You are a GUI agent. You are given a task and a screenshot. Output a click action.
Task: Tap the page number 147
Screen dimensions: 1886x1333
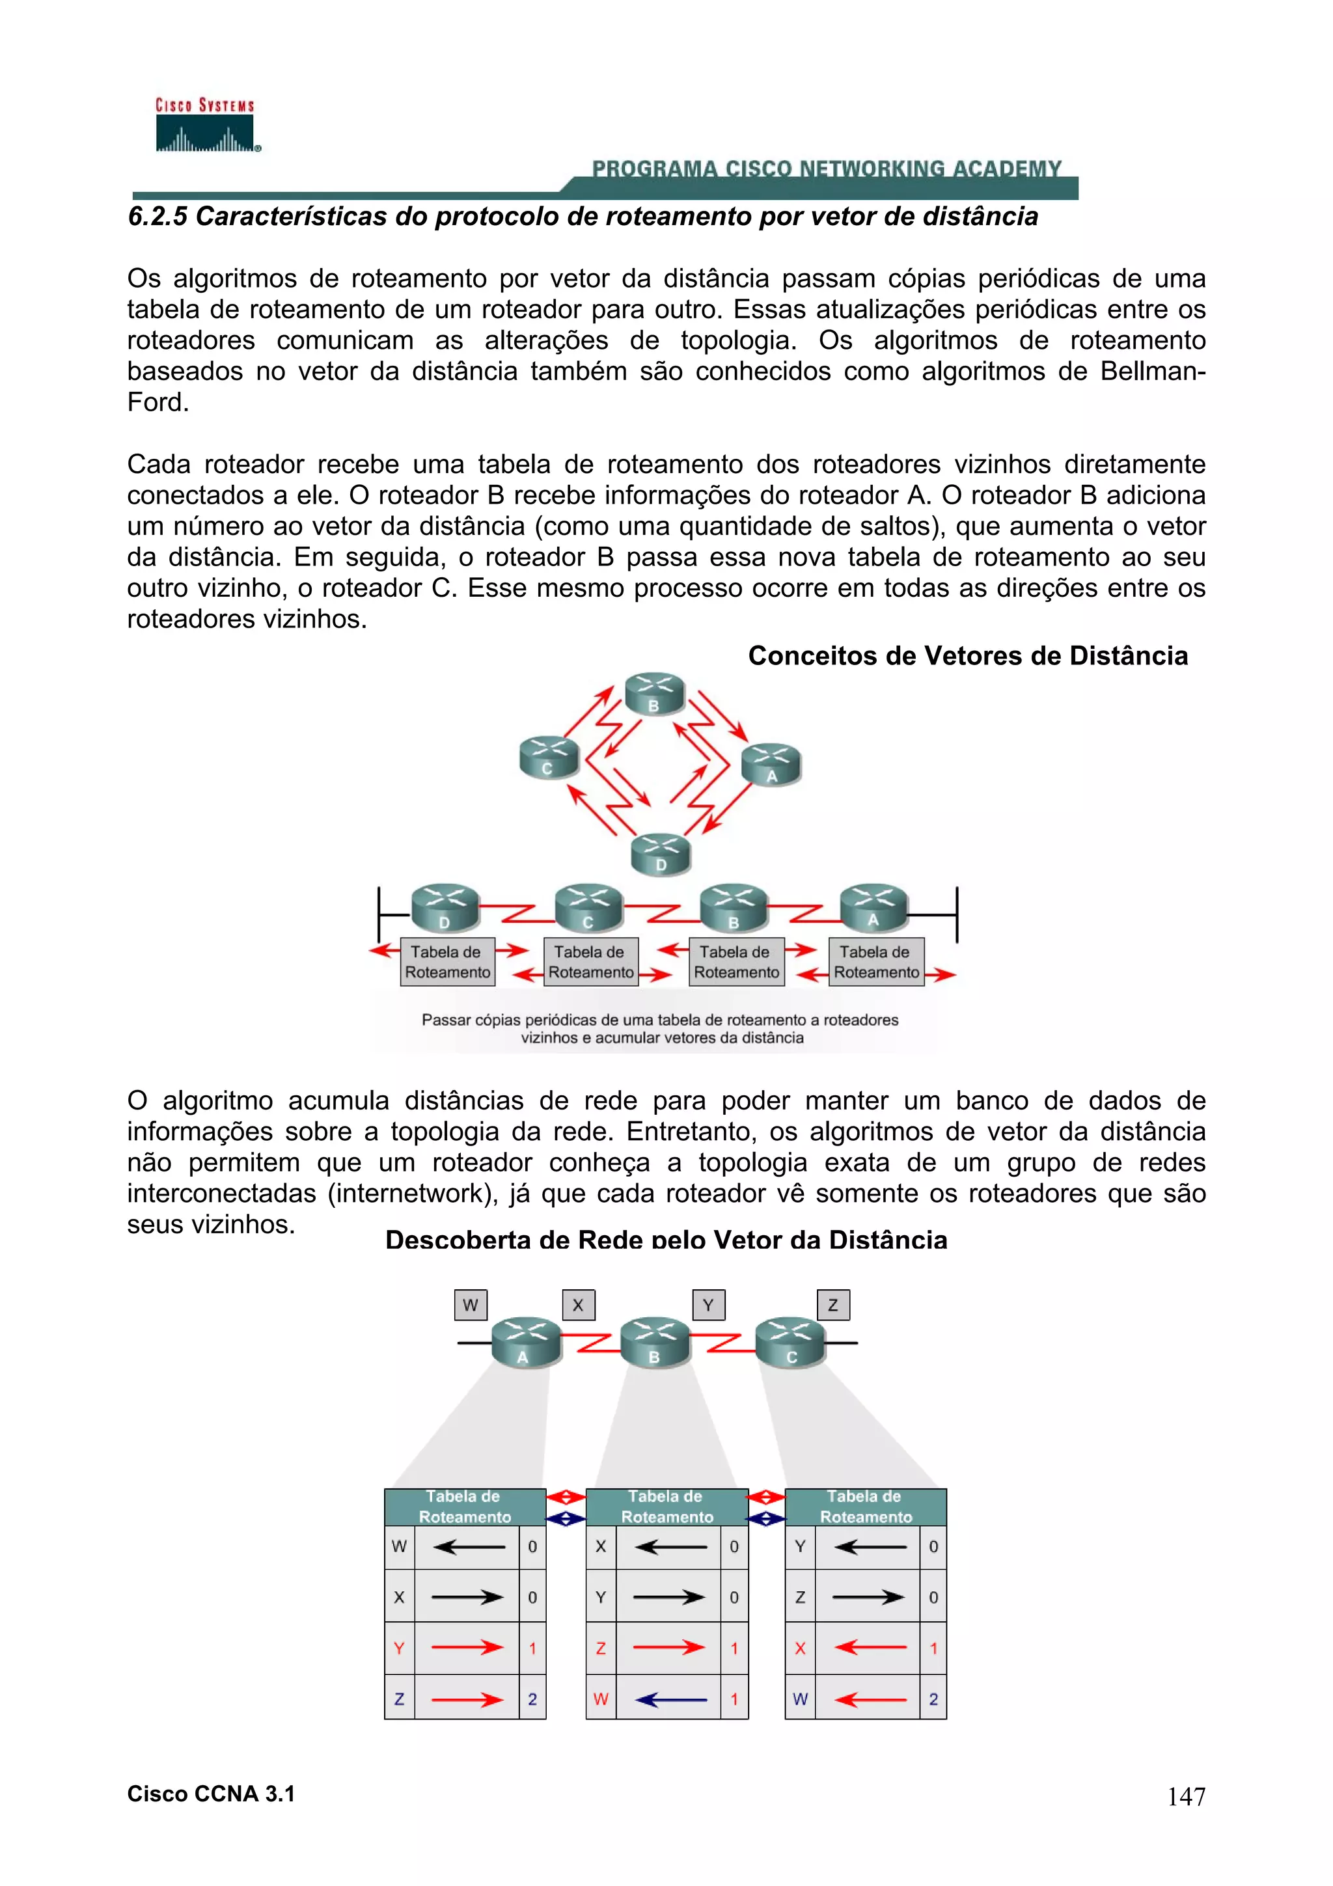(x=1186, y=1796)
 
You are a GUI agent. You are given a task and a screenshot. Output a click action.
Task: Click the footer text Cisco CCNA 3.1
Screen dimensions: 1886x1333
(x=211, y=1794)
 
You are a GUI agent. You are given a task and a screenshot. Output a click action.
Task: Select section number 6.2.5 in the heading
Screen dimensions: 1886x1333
(x=158, y=217)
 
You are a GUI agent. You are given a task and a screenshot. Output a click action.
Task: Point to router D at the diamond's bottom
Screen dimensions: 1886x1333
(x=661, y=854)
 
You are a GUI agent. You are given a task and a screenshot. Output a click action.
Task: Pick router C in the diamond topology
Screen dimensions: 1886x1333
(x=549, y=758)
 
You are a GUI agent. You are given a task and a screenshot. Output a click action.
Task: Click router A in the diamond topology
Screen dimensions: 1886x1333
(x=771, y=765)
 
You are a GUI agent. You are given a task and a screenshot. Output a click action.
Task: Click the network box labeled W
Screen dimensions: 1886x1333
(x=471, y=1304)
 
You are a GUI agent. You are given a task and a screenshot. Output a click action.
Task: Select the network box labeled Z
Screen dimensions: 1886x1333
(x=833, y=1304)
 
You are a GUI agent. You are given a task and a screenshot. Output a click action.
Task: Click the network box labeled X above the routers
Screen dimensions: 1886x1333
(x=578, y=1304)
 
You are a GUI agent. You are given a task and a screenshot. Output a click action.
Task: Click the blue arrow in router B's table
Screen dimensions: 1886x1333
(x=670, y=1699)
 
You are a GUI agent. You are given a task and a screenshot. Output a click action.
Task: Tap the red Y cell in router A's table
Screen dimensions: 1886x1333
(x=399, y=1648)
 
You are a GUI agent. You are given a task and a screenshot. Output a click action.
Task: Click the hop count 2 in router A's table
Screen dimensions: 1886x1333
(x=532, y=1699)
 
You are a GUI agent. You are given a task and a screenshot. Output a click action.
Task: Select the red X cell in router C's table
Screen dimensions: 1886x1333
(x=800, y=1648)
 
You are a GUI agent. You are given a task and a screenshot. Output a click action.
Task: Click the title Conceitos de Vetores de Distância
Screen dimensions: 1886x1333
(x=967, y=655)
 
